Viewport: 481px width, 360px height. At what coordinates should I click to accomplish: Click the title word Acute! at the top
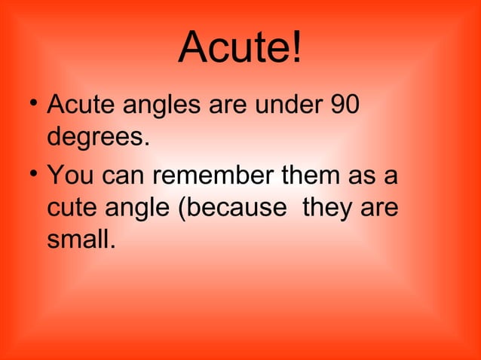[240, 48]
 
